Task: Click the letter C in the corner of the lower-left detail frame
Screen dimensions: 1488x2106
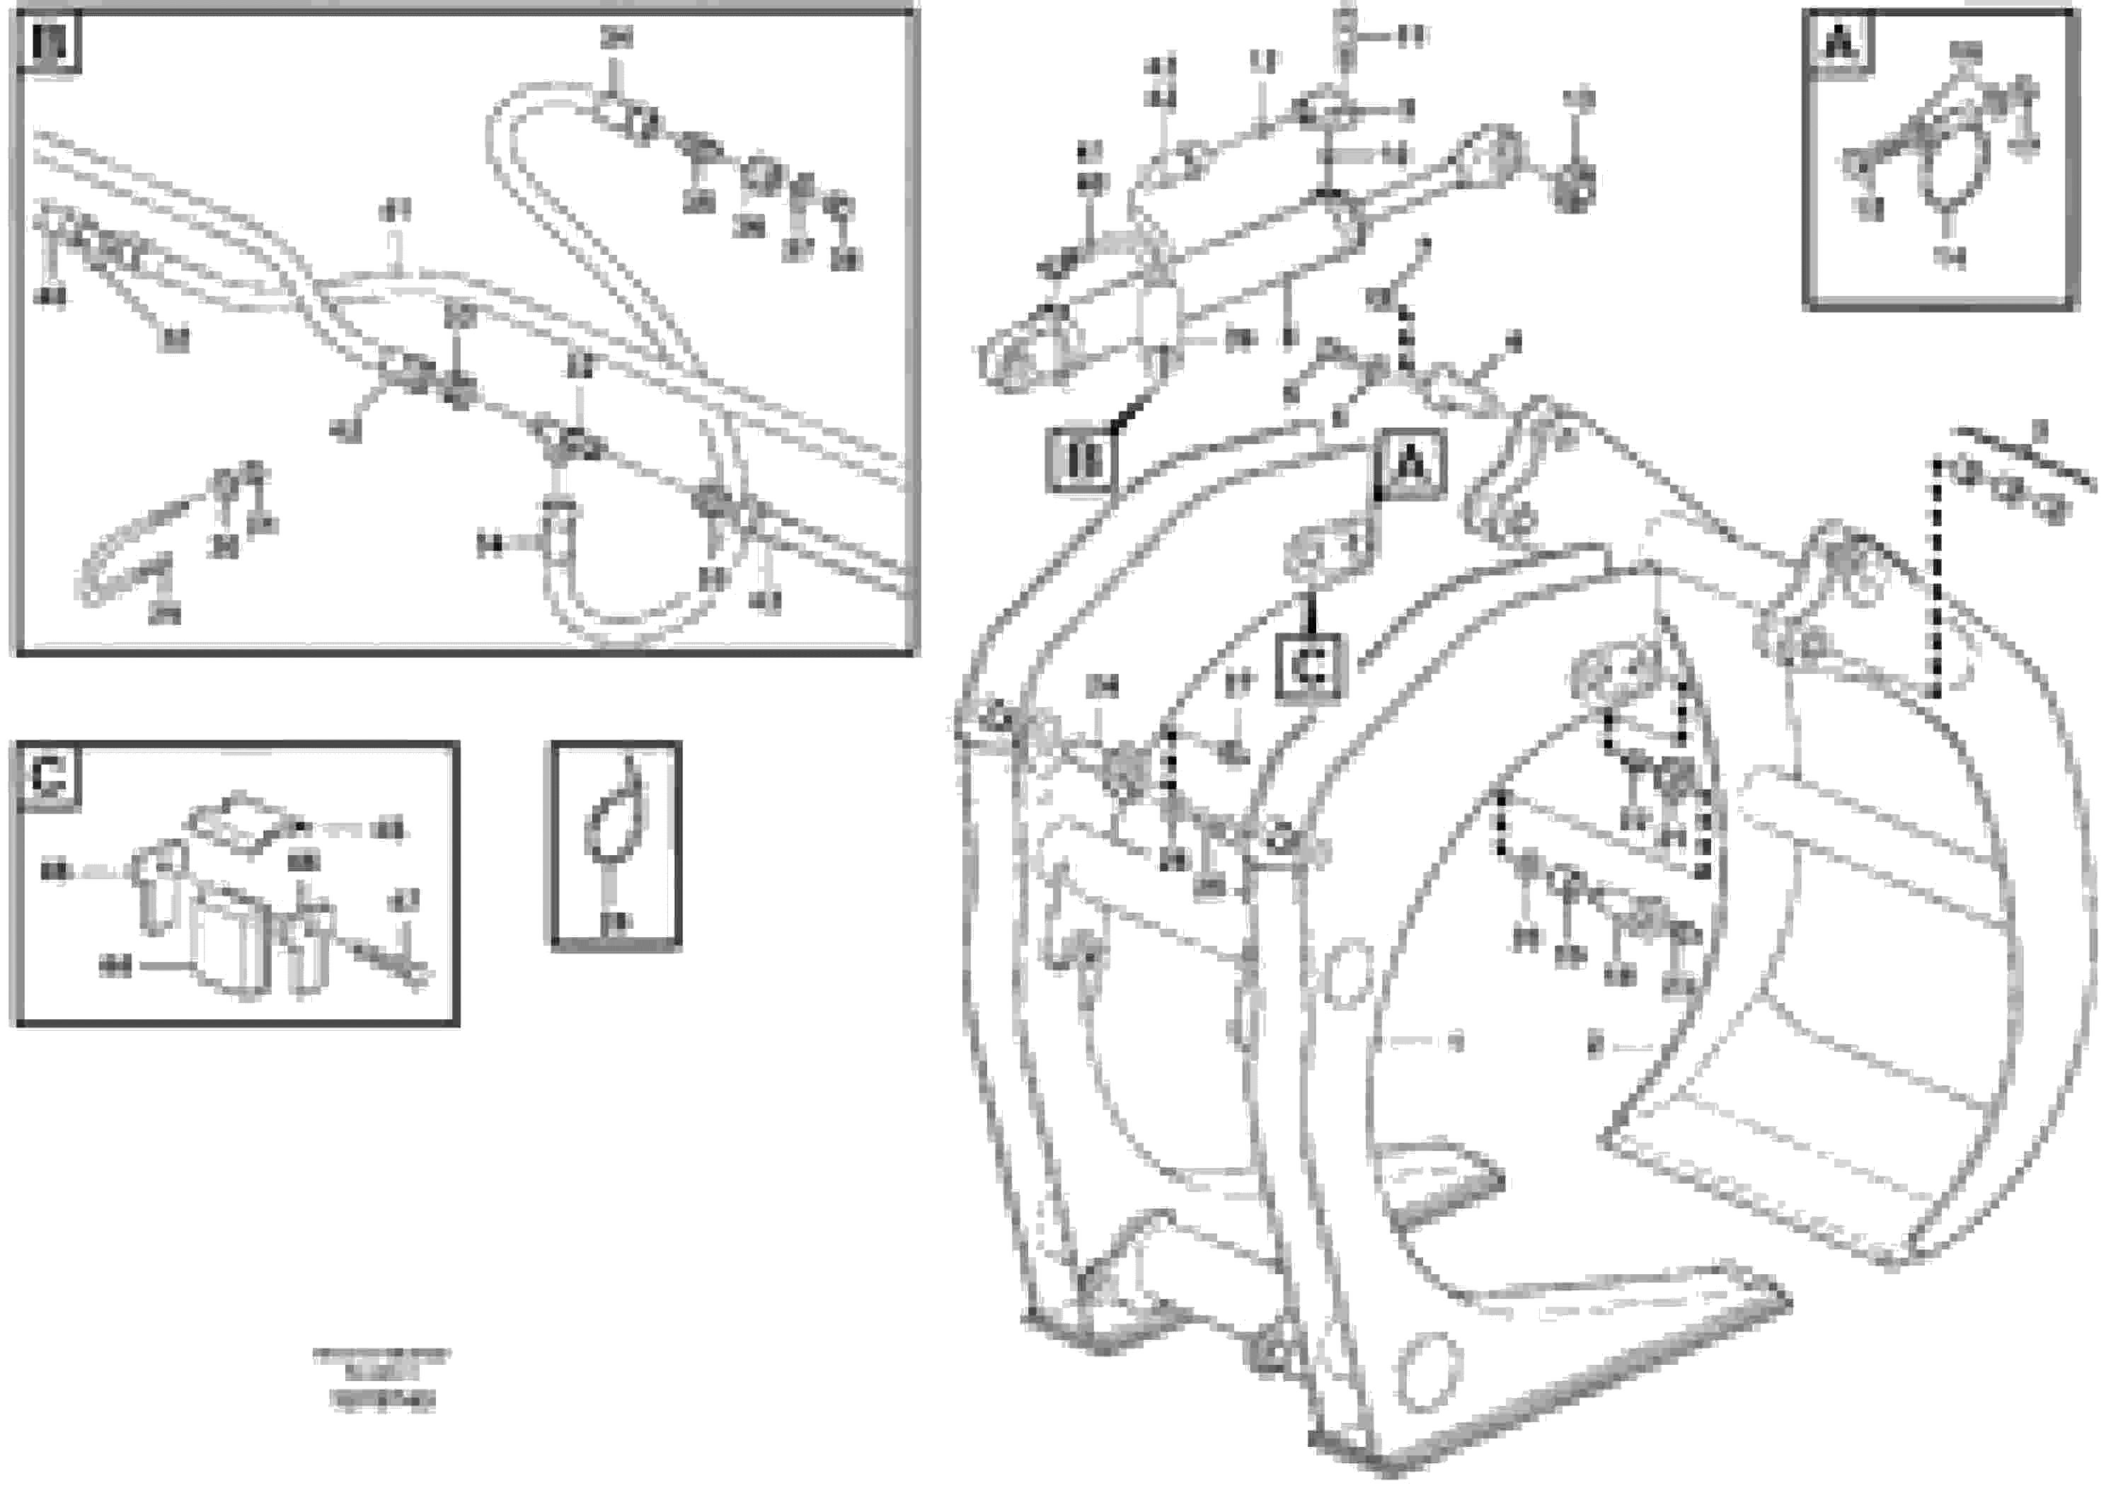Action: click(47, 776)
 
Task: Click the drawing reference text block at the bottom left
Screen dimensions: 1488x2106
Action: click(381, 1378)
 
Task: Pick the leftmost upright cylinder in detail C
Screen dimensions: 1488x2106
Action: click(154, 886)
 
